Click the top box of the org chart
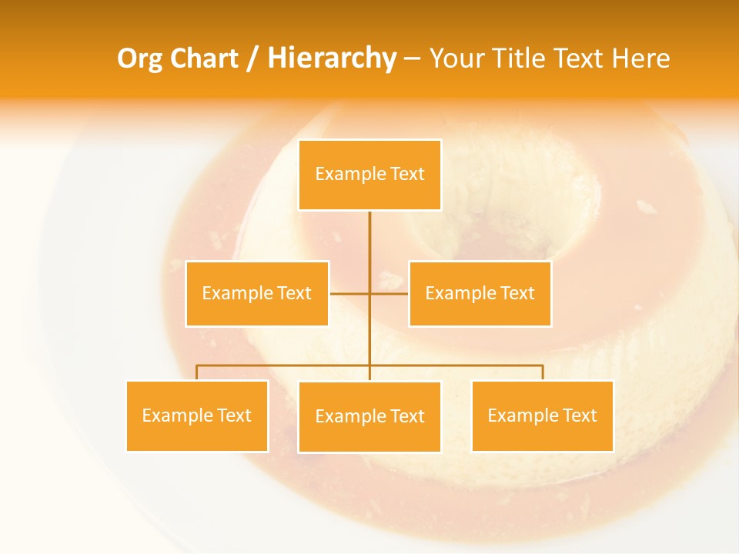369,175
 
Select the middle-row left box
257,293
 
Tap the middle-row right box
480,293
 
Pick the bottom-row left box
197,415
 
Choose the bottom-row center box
369,416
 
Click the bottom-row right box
542,415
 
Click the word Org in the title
139,58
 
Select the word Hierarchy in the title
332,58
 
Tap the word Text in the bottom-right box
580,415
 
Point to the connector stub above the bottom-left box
197,372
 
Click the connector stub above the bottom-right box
542,372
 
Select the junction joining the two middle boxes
369,293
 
